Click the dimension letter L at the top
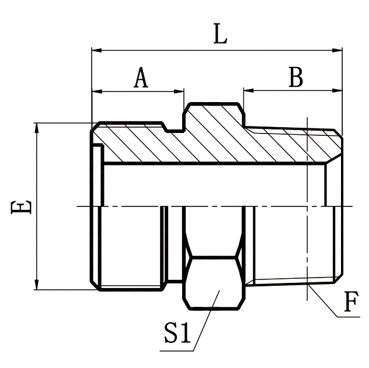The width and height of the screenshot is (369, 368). [220, 35]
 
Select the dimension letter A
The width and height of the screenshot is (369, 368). [140, 78]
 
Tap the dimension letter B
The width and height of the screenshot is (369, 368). [296, 78]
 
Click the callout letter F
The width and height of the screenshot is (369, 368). [350, 303]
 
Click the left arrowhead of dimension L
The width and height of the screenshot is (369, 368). [96, 51]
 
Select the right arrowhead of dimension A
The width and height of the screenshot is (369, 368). [180, 91]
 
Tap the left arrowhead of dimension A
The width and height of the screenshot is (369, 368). [96, 91]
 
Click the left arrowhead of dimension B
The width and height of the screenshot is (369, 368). [248, 91]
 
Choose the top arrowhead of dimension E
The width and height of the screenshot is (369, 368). [37, 127]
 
